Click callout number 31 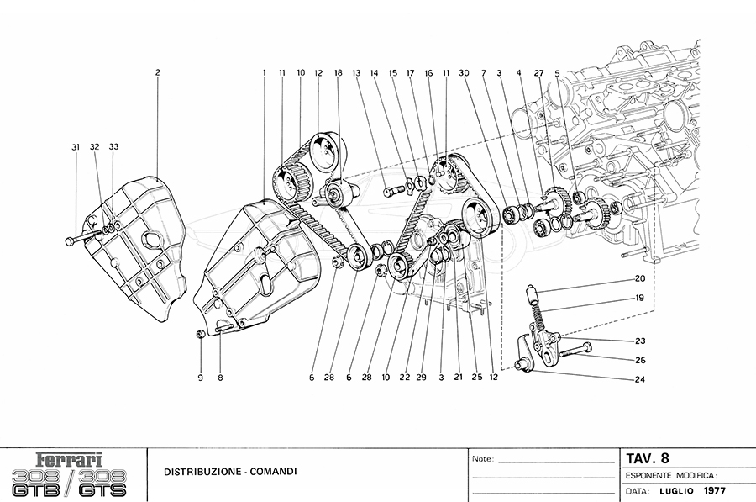[x=76, y=147]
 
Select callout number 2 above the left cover [x=157, y=73]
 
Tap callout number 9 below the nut [x=201, y=378]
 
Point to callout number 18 [x=339, y=73]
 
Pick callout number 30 [x=463, y=73]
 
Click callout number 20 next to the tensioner [x=639, y=278]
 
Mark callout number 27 [x=538, y=73]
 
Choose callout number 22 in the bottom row [x=405, y=378]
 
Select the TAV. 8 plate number [x=648, y=459]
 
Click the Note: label [x=483, y=460]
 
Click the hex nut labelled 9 [x=200, y=336]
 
